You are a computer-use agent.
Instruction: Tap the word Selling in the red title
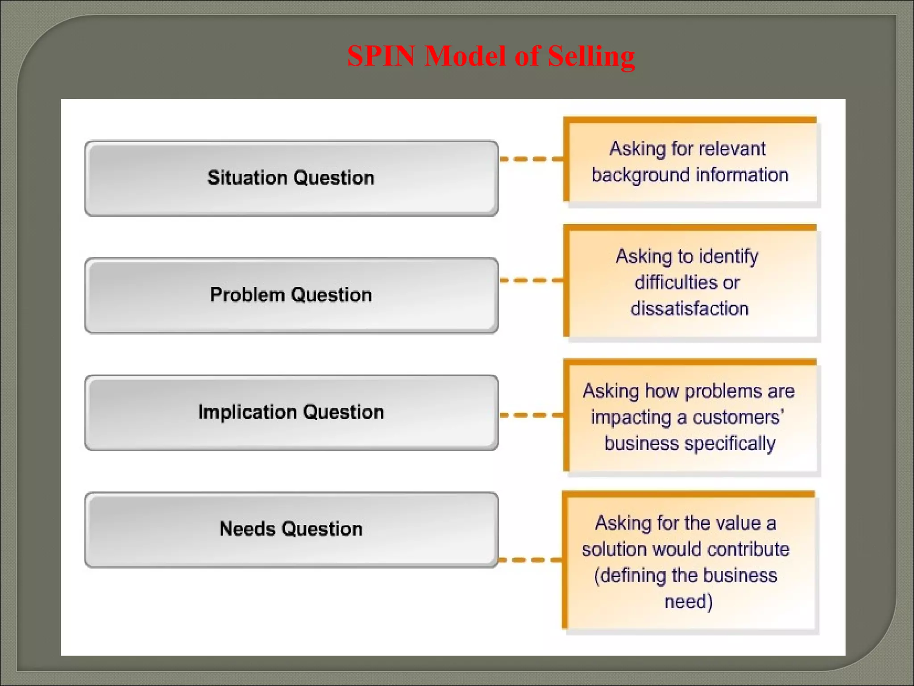click(591, 56)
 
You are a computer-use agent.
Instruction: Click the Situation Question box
click(291, 178)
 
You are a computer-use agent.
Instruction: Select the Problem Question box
click(291, 295)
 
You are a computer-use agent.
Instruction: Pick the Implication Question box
click(291, 412)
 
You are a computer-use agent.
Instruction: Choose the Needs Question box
click(291, 529)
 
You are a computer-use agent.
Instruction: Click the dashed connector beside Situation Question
click(531, 159)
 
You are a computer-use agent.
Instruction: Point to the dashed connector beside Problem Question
click(531, 280)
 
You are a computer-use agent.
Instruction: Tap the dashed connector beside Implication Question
click(531, 415)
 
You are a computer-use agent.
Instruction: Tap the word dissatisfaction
click(690, 309)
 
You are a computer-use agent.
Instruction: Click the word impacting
click(631, 418)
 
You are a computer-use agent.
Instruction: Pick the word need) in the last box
click(689, 602)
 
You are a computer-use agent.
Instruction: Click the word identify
click(728, 257)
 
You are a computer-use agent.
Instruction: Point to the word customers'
click(738, 418)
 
